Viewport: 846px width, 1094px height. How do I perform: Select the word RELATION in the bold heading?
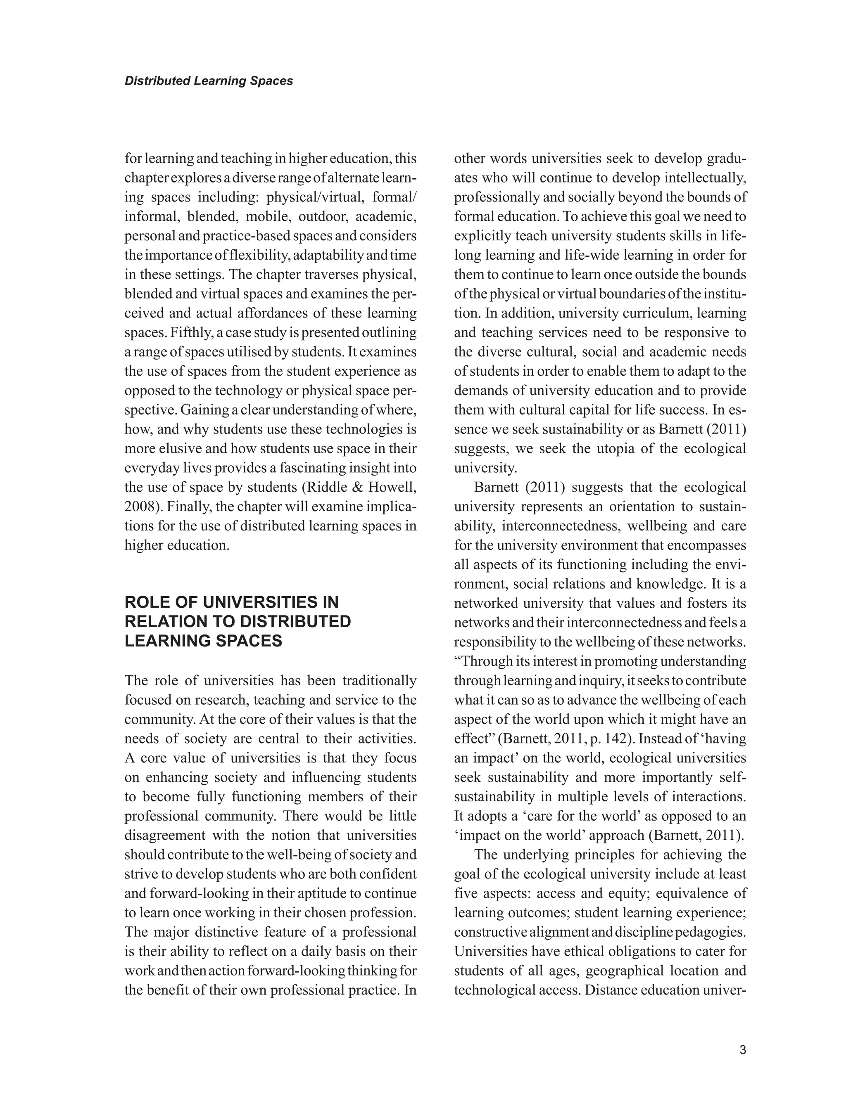click(164, 621)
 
